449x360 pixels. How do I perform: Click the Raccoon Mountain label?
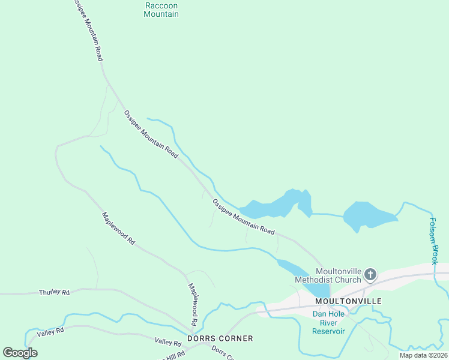161,10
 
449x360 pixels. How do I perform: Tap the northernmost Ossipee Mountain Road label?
86,30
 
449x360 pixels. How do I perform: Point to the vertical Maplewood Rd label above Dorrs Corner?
193,305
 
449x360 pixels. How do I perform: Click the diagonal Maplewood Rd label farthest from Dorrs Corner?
118,228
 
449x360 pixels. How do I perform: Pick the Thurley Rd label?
54,292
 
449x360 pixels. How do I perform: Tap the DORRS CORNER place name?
220,338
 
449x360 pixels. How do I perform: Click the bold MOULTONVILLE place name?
348,301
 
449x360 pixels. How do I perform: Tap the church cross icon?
371,275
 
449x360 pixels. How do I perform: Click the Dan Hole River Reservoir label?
329,322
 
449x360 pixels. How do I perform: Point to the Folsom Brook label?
433,241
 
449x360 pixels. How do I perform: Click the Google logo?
20,352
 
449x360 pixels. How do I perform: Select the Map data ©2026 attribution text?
423,355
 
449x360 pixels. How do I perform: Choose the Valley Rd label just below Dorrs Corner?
168,343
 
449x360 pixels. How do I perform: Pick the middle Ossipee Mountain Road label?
151,134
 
